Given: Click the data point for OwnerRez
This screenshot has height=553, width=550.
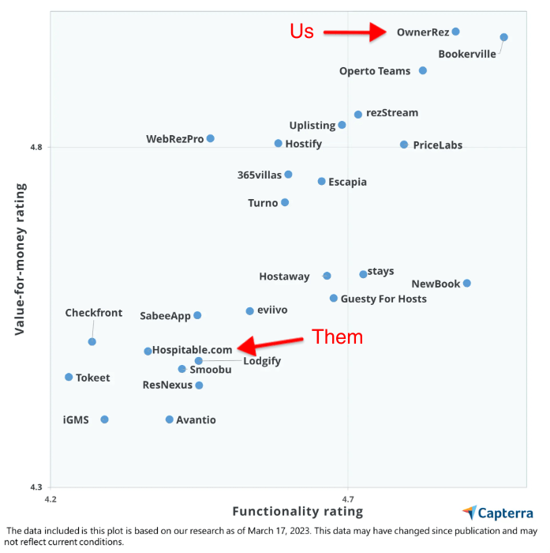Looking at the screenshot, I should click(455, 32).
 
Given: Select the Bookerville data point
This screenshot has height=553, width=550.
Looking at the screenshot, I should click(504, 37).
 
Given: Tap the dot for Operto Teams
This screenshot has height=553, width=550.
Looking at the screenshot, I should click(423, 70).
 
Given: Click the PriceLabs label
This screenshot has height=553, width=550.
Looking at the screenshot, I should click(437, 145).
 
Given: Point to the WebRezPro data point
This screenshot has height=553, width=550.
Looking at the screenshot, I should click(211, 138).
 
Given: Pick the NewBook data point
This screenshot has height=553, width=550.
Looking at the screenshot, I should click(467, 283).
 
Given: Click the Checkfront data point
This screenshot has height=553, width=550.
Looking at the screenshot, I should click(92, 341).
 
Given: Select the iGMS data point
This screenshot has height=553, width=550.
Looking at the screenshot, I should click(104, 419).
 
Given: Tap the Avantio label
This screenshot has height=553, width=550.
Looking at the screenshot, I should click(196, 420).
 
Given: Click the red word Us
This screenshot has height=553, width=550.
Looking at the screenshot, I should click(301, 31).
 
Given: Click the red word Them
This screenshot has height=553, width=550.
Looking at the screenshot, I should click(338, 337).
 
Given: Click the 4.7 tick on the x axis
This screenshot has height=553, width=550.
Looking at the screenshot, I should click(348, 498).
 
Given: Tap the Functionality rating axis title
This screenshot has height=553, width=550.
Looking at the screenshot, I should click(287, 512).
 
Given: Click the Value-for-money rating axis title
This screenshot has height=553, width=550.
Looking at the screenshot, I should click(21, 258).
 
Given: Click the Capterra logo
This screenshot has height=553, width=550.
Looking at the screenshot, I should click(498, 513).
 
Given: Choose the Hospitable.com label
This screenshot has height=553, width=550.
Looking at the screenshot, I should click(193, 349).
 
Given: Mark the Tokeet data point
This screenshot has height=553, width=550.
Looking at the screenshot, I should click(69, 377).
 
